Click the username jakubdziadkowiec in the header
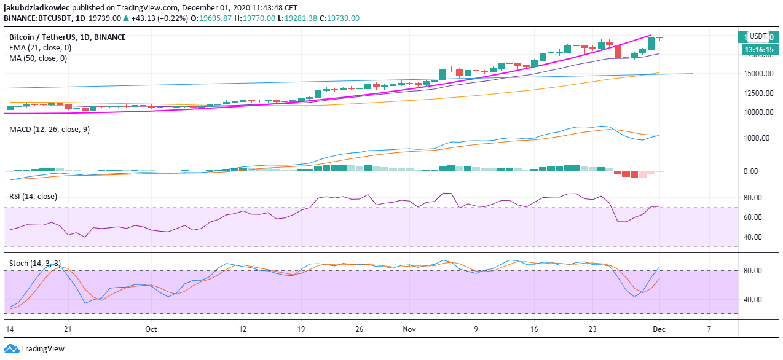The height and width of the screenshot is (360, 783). pos(41,7)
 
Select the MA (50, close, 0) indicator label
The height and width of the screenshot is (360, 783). pos(38,58)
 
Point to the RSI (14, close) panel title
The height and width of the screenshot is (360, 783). pos(33,197)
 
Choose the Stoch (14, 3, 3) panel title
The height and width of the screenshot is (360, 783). pos(35,264)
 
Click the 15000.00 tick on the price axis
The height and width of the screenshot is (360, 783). pos(757,74)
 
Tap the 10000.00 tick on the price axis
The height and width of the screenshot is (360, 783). pos(757,112)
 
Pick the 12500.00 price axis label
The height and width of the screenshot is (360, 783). pos(757,93)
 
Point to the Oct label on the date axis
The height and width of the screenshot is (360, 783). pos(151,329)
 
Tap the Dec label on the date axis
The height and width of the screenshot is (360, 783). pos(659,329)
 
